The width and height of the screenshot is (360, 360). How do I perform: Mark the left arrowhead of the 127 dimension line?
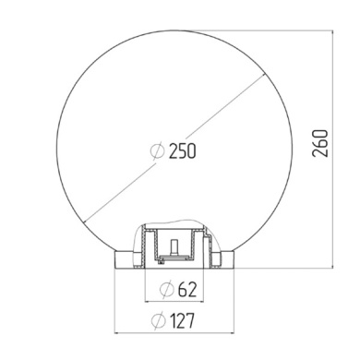pyautogui.click(x=116, y=332)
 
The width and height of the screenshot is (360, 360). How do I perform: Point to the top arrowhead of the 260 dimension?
pyautogui.click(x=331, y=30)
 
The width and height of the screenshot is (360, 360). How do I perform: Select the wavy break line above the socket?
pyautogui.click(x=175, y=224)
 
